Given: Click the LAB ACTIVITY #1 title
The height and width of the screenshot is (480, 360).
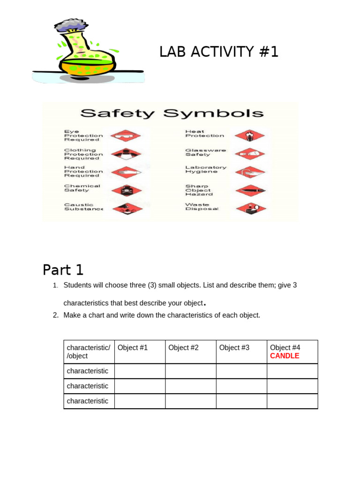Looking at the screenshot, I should [219, 52].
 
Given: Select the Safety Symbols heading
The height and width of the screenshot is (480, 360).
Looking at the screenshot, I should [172, 113].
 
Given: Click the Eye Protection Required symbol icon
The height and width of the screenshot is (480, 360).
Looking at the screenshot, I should [126, 136].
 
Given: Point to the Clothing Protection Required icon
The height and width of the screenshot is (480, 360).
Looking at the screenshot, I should [126, 154].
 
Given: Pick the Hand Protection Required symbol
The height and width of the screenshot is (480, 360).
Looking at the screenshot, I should [126, 172].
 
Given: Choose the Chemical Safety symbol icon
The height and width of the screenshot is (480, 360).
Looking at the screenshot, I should [126, 190].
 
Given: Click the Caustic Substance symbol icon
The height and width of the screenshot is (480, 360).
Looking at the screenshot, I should [126, 208].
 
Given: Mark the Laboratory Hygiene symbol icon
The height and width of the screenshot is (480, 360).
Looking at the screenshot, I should [249, 172].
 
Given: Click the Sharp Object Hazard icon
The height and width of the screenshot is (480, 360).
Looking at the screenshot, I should [249, 190].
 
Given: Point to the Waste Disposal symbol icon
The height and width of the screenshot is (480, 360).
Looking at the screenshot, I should [249, 208].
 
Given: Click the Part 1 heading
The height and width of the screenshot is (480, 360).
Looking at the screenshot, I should [63, 270].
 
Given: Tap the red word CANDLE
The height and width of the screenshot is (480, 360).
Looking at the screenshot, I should [285, 356].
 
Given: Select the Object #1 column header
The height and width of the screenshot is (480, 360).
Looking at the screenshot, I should [133, 348].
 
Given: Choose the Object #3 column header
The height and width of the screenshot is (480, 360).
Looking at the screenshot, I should [234, 348].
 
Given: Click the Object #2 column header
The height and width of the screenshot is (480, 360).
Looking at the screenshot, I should [183, 348].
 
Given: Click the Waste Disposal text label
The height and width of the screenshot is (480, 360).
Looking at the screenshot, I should [202, 207].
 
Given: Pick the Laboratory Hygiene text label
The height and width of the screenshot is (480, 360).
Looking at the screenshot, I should [205, 169].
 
